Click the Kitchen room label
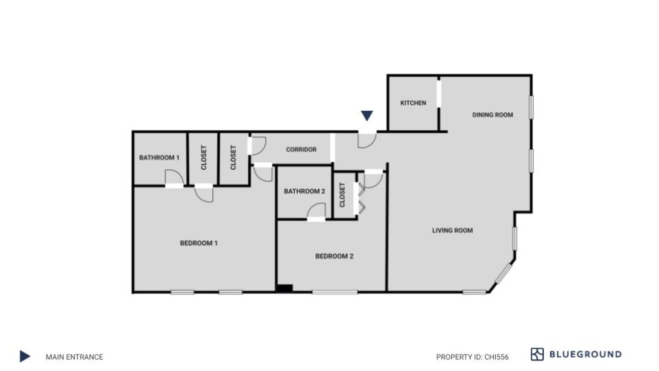tap(413, 103)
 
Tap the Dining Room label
tap(493, 115)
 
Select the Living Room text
tap(452, 230)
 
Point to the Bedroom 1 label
tap(199, 243)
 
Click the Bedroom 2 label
tap(334, 256)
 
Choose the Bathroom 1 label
tap(159, 158)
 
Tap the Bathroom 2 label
tap(304, 191)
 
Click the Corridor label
tap(301, 150)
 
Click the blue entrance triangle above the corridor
tap(367, 115)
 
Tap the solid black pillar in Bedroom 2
tap(284, 288)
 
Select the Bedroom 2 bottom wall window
tap(335, 292)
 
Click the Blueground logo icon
tap(537, 354)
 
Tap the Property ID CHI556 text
tap(472, 357)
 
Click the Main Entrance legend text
tap(74, 357)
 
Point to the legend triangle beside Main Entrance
tap(25, 356)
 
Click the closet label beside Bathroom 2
tap(342, 195)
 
